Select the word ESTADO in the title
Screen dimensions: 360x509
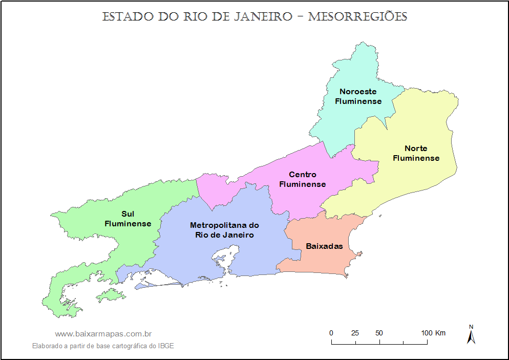point(128,16)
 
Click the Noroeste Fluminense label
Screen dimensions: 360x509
point(358,96)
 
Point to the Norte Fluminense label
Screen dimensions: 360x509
point(416,153)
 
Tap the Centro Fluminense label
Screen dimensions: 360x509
point(302,179)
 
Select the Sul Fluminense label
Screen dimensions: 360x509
point(128,219)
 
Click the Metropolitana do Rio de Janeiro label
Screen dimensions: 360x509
point(224,230)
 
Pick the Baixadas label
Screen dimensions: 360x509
point(324,246)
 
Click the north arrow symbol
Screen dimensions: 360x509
point(471,337)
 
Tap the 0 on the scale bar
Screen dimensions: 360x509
point(331,333)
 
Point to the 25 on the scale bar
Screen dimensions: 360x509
point(355,333)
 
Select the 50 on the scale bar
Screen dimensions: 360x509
point(379,333)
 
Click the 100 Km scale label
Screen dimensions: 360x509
point(433,333)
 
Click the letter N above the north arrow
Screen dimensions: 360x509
point(471,327)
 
